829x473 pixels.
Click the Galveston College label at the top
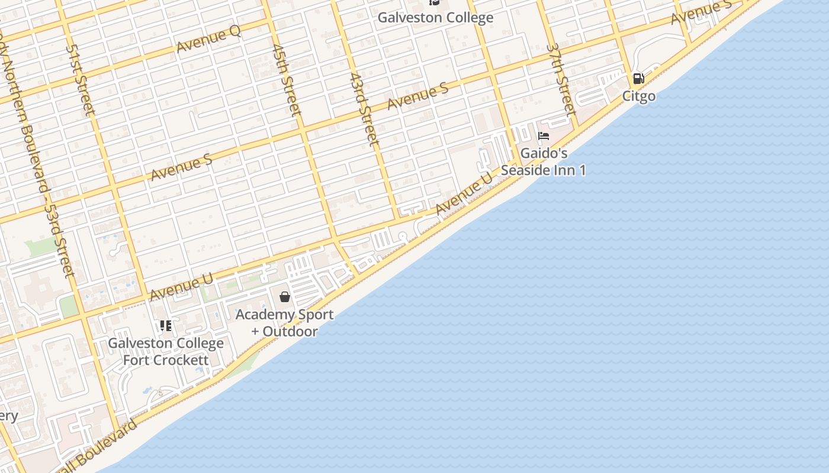pos(435,18)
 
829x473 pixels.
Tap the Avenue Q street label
pos(208,40)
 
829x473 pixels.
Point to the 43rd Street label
pos(364,109)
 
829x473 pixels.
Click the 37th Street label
pos(561,79)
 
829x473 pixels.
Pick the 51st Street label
pos(81,80)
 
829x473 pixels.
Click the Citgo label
pos(638,96)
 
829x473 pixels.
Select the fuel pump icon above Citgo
pos(638,79)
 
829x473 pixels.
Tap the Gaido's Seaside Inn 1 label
pos(544,162)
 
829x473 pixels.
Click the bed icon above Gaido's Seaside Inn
pos(544,136)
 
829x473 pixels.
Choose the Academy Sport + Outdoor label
pos(284,323)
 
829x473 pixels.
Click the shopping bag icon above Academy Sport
pos(285,297)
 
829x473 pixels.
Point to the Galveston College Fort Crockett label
pos(166,351)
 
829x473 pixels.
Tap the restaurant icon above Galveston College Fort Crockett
pos(166,325)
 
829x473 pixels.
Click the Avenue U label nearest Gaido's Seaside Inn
pos(464,193)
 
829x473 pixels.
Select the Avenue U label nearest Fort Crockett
pos(181,286)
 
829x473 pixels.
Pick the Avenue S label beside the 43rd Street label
pos(417,96)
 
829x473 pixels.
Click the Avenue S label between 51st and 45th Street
pos(181,167)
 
